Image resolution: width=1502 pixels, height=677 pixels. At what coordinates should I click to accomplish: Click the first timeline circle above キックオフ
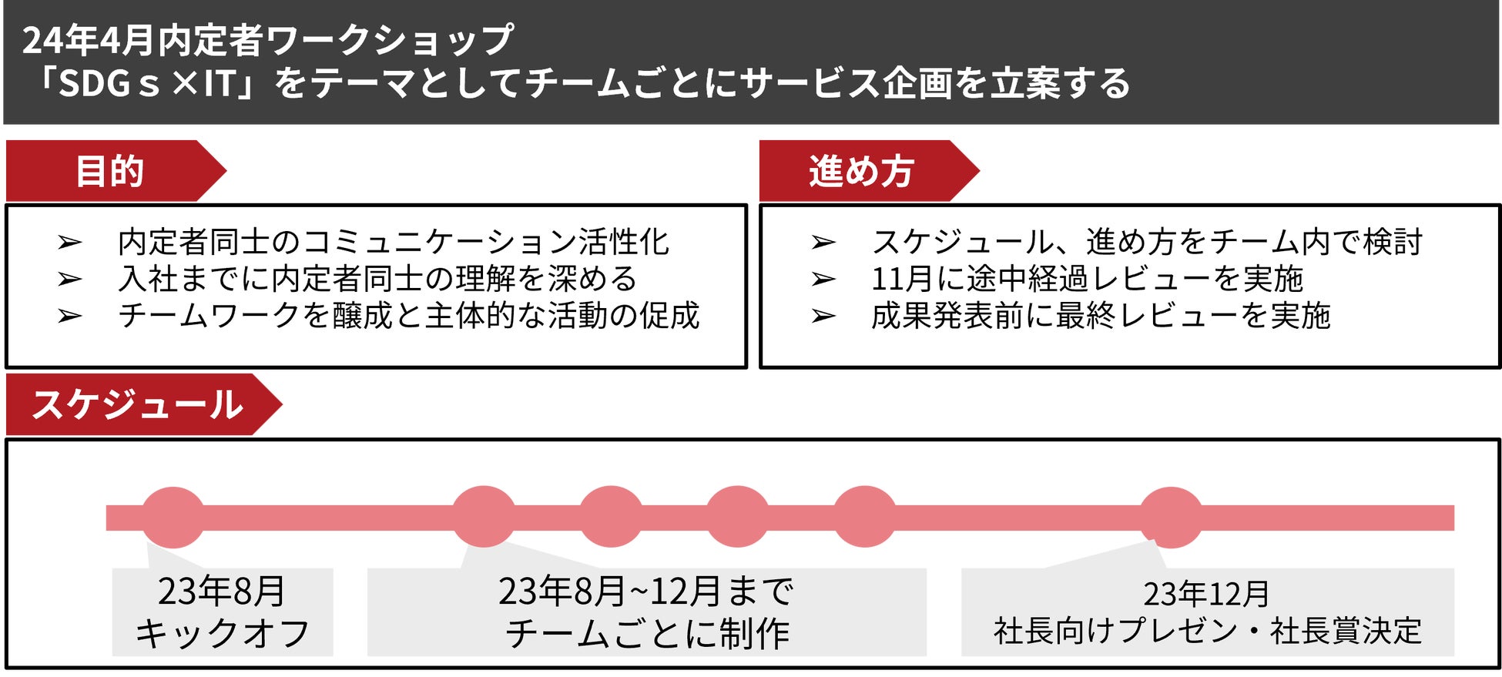[173, 517]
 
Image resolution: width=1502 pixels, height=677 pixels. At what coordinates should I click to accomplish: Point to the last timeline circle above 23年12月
[1171, 517]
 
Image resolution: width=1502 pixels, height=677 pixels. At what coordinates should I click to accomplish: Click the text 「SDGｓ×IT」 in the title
[142, 83]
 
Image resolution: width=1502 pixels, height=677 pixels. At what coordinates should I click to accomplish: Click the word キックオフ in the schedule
[222, 633]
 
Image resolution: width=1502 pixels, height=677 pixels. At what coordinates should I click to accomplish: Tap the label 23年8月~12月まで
[645, 592]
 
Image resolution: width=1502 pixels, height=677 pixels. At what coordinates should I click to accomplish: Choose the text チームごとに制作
[647, 633]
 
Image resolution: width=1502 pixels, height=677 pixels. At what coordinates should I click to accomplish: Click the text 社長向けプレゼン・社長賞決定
[1207, 632]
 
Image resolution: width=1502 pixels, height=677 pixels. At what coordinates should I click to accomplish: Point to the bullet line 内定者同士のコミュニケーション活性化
[394, 242]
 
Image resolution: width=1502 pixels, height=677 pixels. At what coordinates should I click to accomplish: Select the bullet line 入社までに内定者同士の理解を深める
[377, 279]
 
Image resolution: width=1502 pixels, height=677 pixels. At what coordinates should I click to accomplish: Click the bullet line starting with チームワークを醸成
[408, 316]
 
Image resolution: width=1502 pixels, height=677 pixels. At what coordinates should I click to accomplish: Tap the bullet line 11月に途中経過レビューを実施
[1087, 279]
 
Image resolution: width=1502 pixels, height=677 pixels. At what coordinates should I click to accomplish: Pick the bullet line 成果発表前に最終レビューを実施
[1101, 316]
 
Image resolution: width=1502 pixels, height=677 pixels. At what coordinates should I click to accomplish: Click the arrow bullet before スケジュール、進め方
[823, 243]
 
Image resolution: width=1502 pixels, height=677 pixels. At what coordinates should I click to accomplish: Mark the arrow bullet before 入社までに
[69, 279]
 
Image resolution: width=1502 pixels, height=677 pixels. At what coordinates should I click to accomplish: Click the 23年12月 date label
[1206, 594]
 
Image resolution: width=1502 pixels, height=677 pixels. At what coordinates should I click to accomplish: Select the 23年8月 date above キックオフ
[222, 592]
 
